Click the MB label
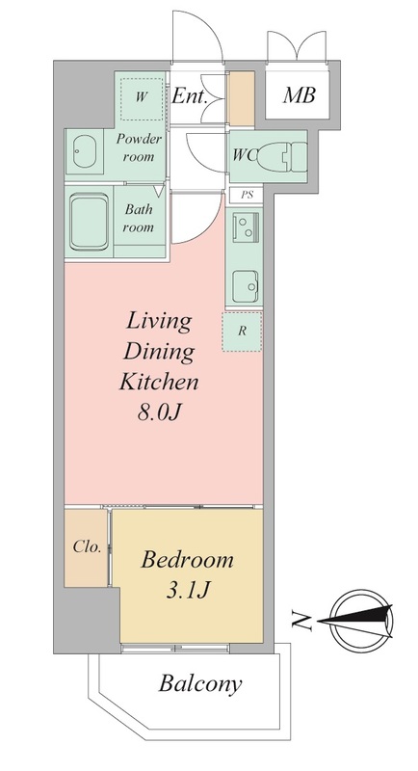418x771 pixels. pyautogui.click(x=299, y=95)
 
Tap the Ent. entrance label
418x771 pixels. pyautogui.click(x=190, y=96)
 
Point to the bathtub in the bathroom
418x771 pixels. pyautogui.click(x=89, y=223)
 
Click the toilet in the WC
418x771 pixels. pyautogui.click(x=281, y=156)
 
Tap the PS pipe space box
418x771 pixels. pyautogui.click(x=247, y=196)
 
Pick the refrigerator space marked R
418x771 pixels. pyautogui.click(x=242, y=332)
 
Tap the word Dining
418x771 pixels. pyautogui.click(x=159, y=352)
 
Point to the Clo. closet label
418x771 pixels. pyautogui.click(x=88, y=546)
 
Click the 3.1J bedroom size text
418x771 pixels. pyautogui.click(x=188, y=591)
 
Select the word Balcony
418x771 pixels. pyautogui.click(x=200, y=683)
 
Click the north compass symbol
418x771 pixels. pyautogui.click(x=361, y=621)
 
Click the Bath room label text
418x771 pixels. pyautogui.click(x=139, y=218)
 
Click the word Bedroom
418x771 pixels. pyautogui.click(x=187, y=560)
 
